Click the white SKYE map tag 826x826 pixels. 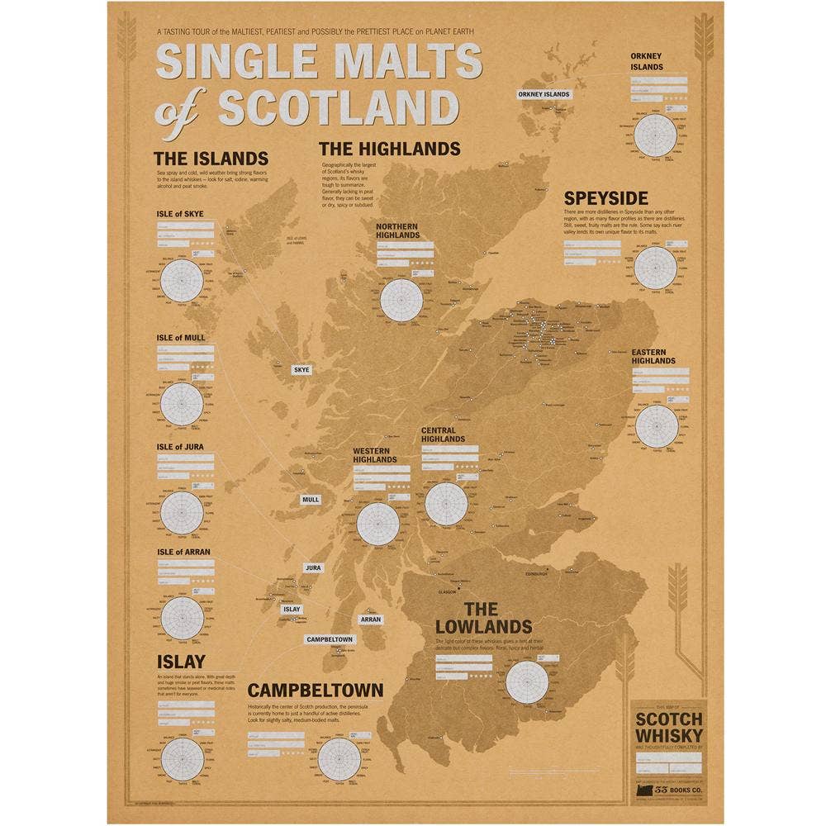[301, 369]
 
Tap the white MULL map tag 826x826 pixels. [311, 500]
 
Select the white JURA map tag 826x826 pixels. [312, 568]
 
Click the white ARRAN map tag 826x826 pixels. [370, 619]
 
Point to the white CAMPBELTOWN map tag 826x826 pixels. [330, 639]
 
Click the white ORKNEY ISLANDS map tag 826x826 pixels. [544, 94]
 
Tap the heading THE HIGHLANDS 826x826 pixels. [389, 149]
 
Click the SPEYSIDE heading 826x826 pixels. [605, 198]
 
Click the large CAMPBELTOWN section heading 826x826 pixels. [314, 690]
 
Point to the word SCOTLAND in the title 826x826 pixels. [339, 107]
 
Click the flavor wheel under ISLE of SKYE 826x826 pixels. [181, 281]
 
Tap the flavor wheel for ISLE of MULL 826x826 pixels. [181, 402]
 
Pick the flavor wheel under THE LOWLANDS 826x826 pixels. [527, 682]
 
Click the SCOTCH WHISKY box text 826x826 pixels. [669, 727]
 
